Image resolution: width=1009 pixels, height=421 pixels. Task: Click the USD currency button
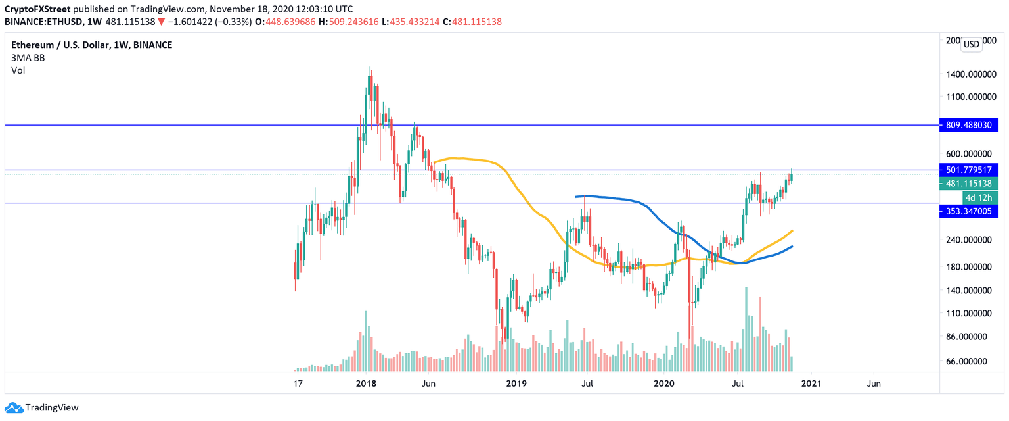[x=970, y=45]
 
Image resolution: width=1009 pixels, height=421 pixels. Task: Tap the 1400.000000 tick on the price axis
[x=970, y=75]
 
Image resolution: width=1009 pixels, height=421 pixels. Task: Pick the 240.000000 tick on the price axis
[x=970, y=240]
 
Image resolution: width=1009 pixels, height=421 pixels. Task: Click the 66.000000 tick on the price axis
[x=970, y=362]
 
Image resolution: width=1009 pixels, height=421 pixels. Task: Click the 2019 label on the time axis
[x=517, y=384]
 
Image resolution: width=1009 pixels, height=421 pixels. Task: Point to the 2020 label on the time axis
[x=665, y=384]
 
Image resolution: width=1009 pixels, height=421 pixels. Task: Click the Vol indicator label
[x=18, y=70]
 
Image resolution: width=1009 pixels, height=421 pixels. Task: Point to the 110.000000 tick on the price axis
[x=970, y=313]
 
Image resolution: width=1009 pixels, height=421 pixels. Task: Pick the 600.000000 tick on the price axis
[x=970, y=153]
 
